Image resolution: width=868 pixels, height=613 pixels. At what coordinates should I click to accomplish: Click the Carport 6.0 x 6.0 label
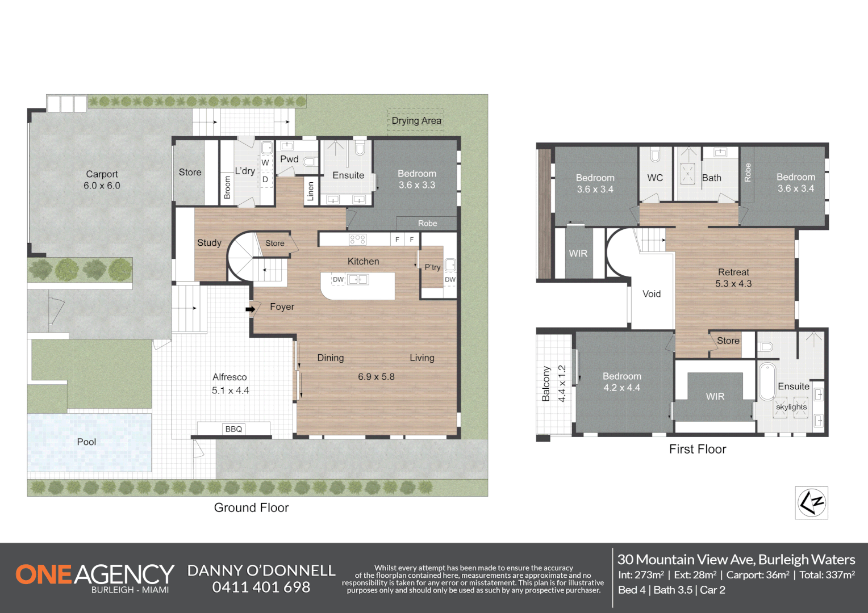click(102, 179)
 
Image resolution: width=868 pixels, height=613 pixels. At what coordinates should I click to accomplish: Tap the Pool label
click(86, 442)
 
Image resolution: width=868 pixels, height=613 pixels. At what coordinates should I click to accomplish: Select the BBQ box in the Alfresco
click(233, 429)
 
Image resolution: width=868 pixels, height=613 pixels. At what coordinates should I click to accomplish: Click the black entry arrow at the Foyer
click(250, 309)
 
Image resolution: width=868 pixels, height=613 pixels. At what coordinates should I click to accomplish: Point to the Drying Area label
click(416, 120)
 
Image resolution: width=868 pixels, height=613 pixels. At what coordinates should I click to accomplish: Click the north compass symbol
click(811, 502)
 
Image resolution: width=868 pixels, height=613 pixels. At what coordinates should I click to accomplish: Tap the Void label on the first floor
click(652, 293)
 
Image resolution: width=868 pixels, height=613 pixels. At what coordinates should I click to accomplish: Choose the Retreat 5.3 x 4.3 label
click(733, 278)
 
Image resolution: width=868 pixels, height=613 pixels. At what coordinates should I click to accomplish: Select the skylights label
click(791, 407)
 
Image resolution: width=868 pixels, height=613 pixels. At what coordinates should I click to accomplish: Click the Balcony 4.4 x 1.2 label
click(553, 384)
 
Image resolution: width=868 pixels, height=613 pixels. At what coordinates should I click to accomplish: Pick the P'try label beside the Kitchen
click(432, 267)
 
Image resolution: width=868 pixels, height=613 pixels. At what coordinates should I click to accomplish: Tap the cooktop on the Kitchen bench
click(358, 240)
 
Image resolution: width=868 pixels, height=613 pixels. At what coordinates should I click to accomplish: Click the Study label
click(209, 242)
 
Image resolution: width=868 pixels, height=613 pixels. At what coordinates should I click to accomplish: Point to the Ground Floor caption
click(251, 507)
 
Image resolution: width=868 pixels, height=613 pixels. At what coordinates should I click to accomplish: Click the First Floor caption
click(697, 449)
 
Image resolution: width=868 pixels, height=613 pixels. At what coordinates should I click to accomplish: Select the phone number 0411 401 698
click(261, 587)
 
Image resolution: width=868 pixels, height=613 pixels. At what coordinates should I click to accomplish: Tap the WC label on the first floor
click(655, 178)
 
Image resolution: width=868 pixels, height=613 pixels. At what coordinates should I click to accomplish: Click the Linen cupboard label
click(310, 191)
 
